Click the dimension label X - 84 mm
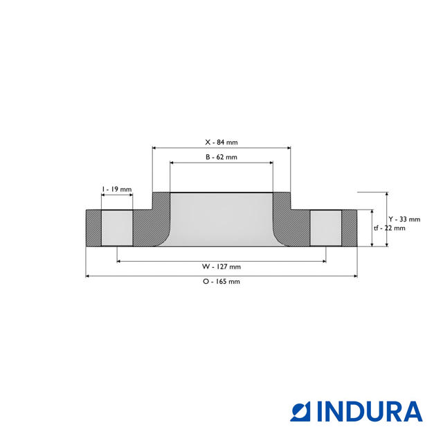[x=221, y=142]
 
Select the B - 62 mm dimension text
[x=221, y=157]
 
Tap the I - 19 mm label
[x=116, y=189]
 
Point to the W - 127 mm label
[x=221, y=266]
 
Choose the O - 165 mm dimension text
[x=221, y=282]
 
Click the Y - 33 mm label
[x=404, y=219]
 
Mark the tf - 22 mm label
[x=389, y=228]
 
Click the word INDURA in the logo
[x=370, y=411]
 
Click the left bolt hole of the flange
[x=117, y=228]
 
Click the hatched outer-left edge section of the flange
[x=93, y=228]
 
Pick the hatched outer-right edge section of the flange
[x=350, y=228]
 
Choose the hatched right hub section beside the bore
[x=291, y=225]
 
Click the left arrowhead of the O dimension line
[x=88, y=276]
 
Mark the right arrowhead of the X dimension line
[x=288, y=147]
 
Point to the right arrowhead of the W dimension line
[x=323, y=261]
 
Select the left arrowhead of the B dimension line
[x=172, y=163]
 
